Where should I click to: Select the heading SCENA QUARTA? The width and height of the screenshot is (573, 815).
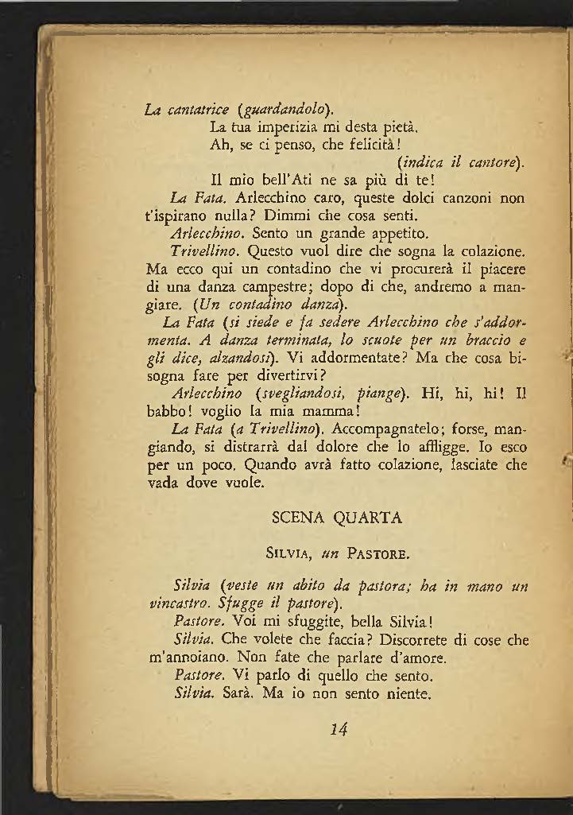[x=337, y=518]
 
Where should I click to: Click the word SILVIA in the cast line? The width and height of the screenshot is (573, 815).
[x=291, y=549]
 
